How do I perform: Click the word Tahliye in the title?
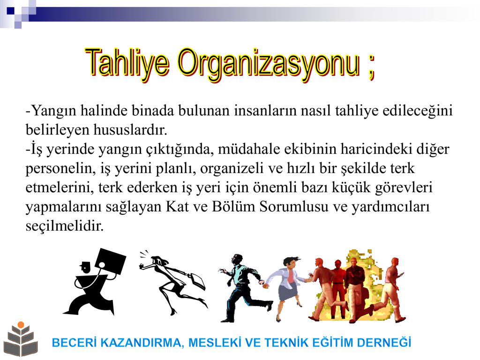pyautogui.click(x=127, y=63)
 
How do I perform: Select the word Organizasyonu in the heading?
pyautogui.click(x=269, y=64)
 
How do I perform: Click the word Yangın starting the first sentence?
pyautogui.click(x=53, y=111)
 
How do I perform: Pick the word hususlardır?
pyautogui.click(x=130, y=129)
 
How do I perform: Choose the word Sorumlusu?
pyautogui.click(x=294, y=207)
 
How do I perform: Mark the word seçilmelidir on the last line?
pyautogui.click(x=65, y=226)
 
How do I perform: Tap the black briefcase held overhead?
pyautogui.click(x=111, y=262)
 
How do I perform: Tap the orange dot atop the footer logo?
pyautogui.click(x=21, y=325)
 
